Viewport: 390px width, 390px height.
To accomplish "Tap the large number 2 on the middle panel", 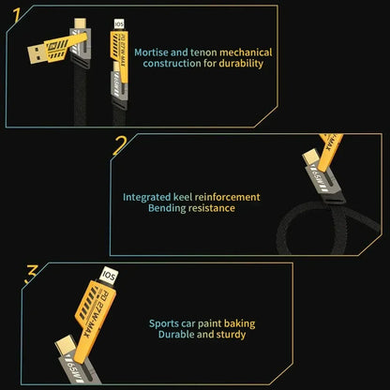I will click(120, 145).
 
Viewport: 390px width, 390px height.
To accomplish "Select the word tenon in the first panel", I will click(207, 52).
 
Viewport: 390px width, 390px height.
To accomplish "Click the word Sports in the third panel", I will click(166, 323).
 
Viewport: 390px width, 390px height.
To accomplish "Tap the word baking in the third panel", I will click(238, 323).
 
